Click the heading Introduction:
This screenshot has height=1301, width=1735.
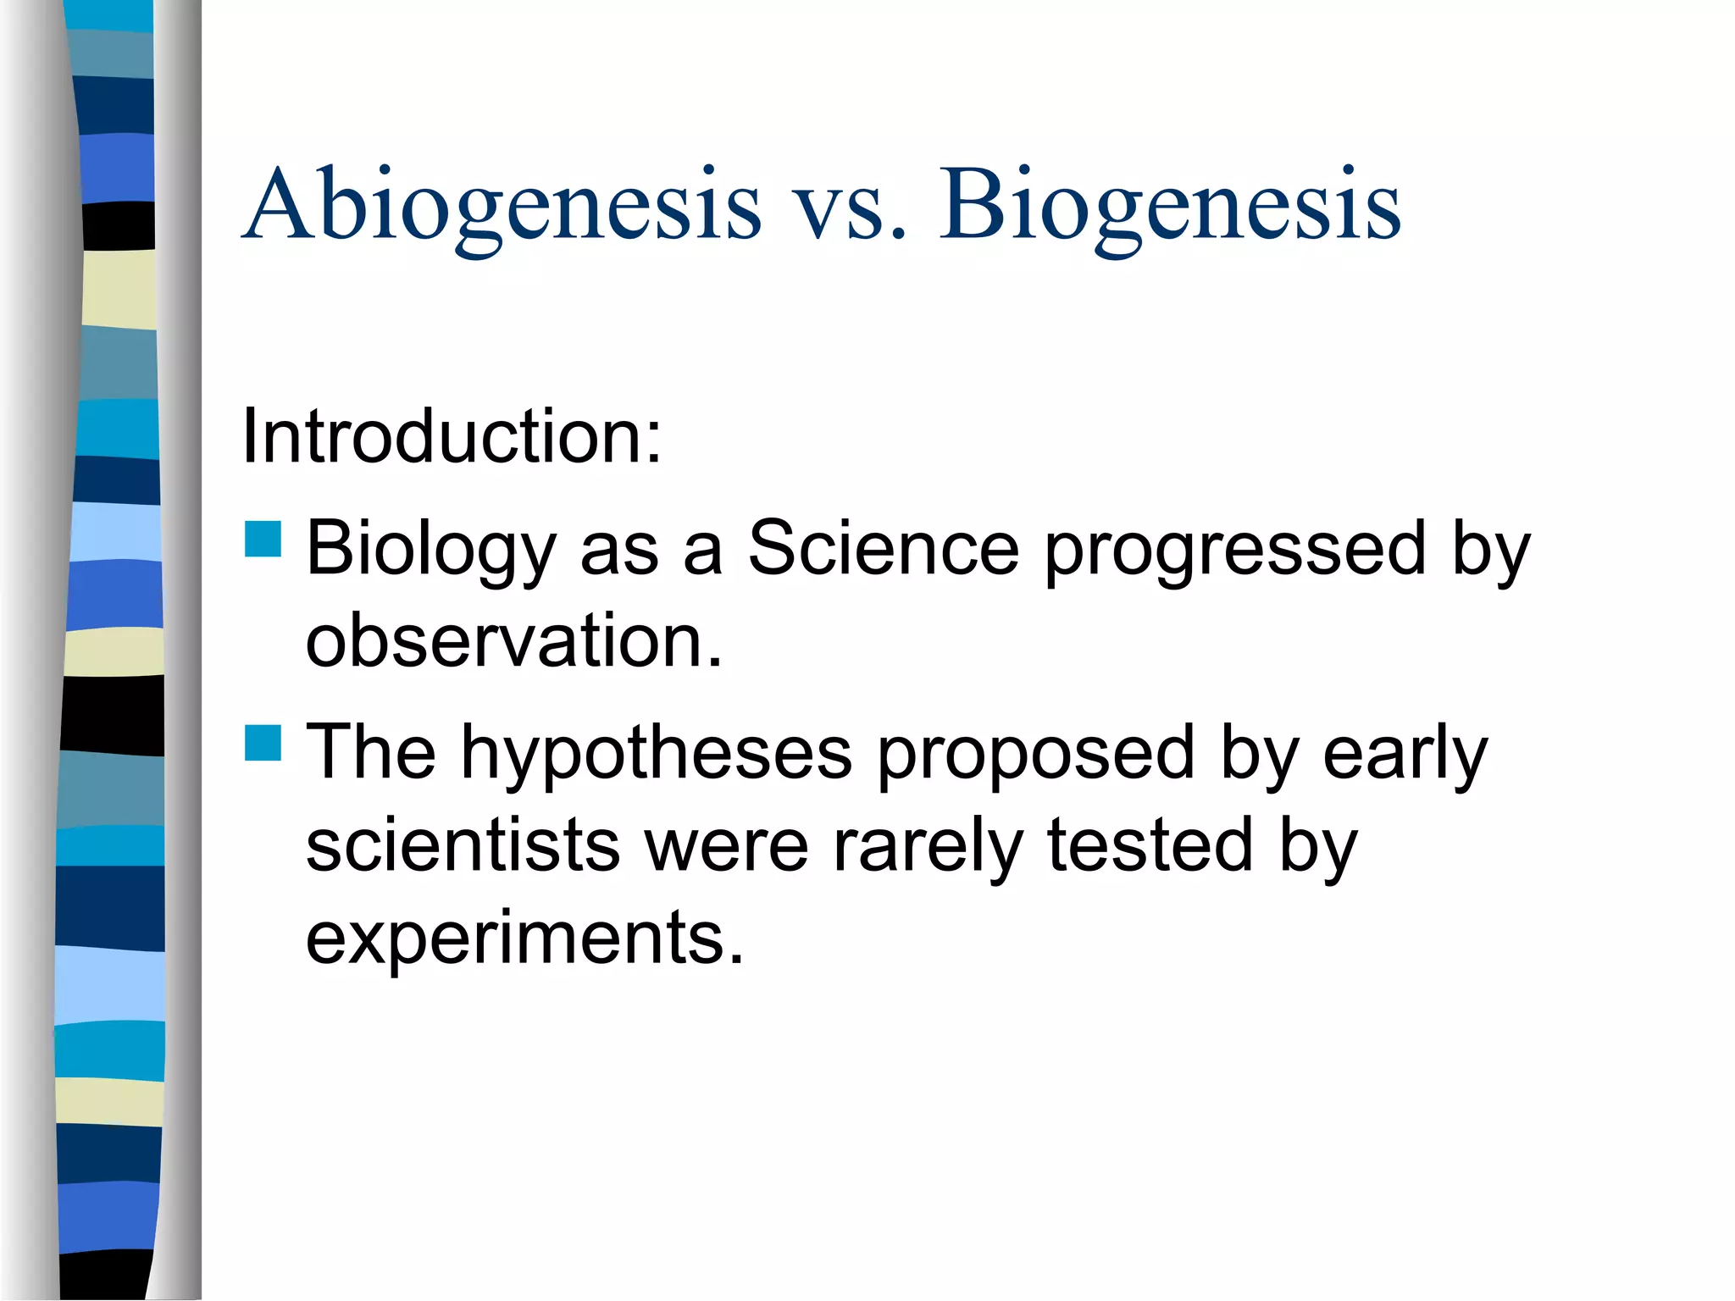click(x=451, y=436)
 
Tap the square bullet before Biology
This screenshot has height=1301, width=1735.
click(x=263, y=540)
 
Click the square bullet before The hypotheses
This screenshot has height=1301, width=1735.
click(x=263, y=743)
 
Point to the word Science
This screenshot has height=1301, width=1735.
click(x=883, y=548)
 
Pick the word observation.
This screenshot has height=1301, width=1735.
click(x=513, y=640)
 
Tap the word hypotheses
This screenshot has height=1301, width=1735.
click(x=656, y=754)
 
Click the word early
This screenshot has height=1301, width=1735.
click(x=1405, y=754)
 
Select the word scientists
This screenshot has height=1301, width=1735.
click(x=463, y=844)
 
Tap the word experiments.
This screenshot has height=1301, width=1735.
click(x=524, y=938)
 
